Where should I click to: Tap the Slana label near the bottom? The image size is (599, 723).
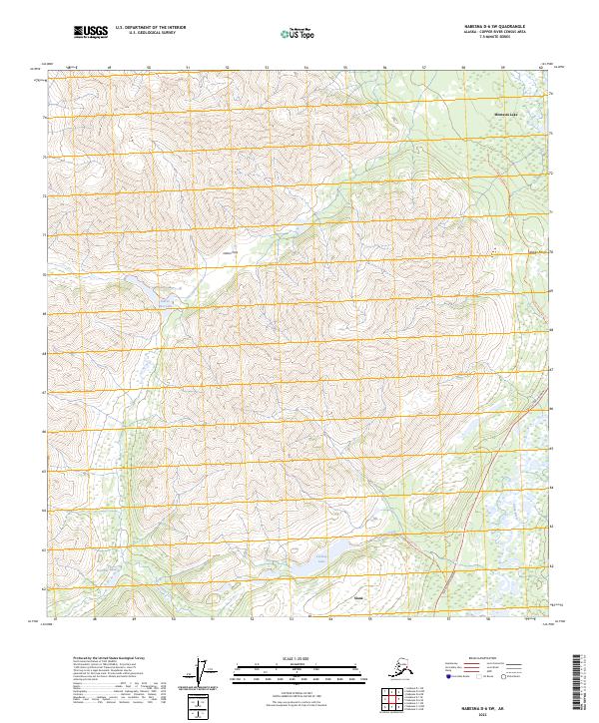(360, 598)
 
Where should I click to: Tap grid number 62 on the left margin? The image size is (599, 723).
(44, 589)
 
